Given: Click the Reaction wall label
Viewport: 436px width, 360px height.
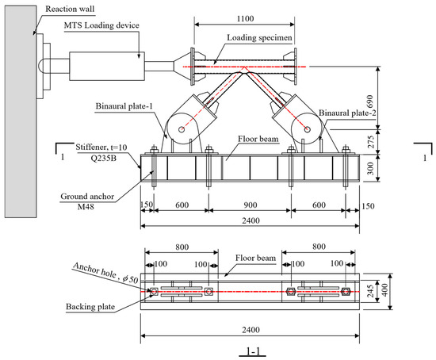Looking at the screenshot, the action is [x=70, y=9].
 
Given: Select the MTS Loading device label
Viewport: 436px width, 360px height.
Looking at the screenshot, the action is [x=101, y=25].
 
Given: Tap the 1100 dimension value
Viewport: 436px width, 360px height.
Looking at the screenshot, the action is [x=245, y=19].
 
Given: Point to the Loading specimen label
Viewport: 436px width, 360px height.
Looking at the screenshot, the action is [x=259, y=37].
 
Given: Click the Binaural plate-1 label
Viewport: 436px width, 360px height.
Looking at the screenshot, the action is [x=124, y=106].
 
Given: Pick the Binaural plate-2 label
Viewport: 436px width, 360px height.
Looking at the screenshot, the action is [x=347, y=113].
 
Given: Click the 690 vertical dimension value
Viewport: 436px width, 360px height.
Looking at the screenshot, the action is [x=370, y=101].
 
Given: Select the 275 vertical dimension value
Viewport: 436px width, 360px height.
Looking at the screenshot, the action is [x=370, y=142].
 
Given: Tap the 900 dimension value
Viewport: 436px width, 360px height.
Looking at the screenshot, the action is [x=251, y=205].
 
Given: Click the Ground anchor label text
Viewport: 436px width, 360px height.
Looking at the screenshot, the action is [x=87, y=197].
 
